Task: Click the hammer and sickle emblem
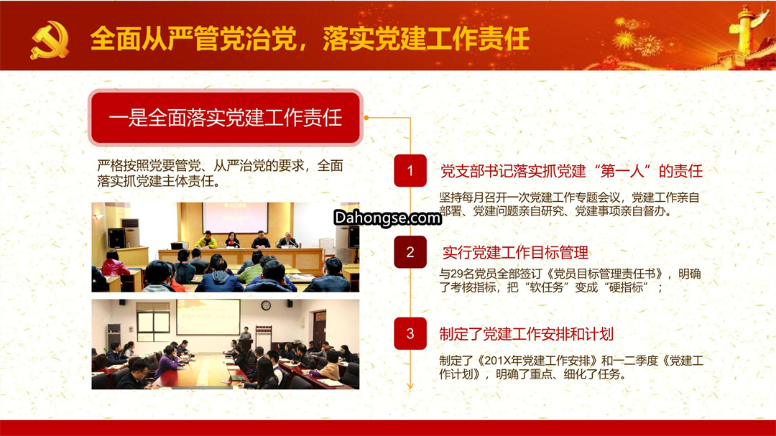pos(50,40)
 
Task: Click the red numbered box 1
pos(410,171)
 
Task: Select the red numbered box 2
pos(410,252)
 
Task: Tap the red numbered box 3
pos(410,333)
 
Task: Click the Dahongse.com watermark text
pos(387,218)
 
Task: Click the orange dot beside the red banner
pos(366,118)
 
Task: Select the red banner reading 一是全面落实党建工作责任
pos(226,118)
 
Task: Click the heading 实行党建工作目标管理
pos(515,253)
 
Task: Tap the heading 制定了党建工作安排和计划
pos(526,334)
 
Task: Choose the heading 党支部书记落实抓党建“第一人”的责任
pos(571,171)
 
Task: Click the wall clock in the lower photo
pos(266,305)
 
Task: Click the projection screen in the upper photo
pos(235,217)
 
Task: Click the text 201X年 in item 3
pos(503,361)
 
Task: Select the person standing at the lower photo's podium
pos(245,333)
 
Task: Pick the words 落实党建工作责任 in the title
pos(426,39)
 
